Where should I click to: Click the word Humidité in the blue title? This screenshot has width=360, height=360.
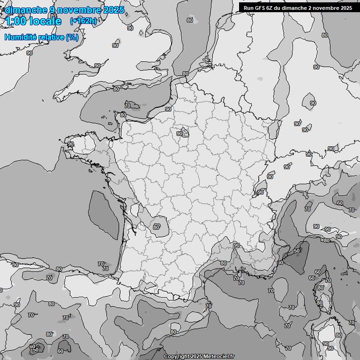point(21,37)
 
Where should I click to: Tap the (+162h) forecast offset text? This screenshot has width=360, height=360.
point(83,21)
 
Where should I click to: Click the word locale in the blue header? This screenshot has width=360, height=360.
point(47,21)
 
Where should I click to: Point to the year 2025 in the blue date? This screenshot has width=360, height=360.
point(114,10)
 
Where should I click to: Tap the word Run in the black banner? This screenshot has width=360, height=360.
point(249,8)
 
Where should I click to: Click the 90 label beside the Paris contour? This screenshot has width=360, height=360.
point(180,134)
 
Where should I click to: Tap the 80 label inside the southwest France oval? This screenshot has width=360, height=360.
point(157,227)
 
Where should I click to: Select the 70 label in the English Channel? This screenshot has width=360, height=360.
point(127,106)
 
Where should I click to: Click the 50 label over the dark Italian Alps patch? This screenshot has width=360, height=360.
point(297,251)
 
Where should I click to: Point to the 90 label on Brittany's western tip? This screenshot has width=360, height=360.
point(71,144)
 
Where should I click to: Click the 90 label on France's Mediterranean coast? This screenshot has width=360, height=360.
point(237,245)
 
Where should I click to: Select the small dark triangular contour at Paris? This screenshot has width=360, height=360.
point(185,133)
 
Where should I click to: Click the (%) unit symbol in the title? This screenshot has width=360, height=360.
point(72,37)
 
